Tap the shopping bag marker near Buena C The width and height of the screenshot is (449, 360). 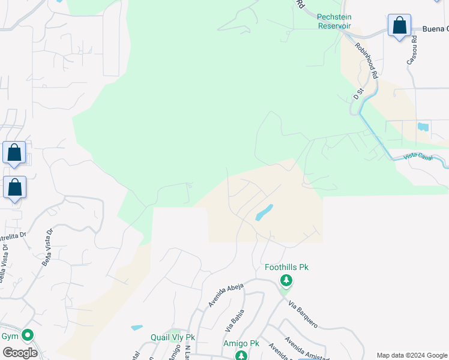[x=399, y=26]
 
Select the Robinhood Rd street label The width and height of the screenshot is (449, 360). [x=366, y=61]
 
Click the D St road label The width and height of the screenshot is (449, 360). [x=358, y=94]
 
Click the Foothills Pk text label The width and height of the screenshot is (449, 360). [x=286, y=267]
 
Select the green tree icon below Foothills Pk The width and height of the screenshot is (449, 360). [x=286, y=280]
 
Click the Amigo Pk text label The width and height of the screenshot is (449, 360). [x=241, y=343]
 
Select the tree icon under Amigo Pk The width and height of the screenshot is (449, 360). [x=241, y=355]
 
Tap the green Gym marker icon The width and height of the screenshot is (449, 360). [x=27, y=335]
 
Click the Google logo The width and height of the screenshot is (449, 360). [x=19, y=353]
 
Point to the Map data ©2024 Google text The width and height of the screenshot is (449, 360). [x=411, y=355]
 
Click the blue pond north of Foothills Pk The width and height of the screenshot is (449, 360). [x=264, y=212]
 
